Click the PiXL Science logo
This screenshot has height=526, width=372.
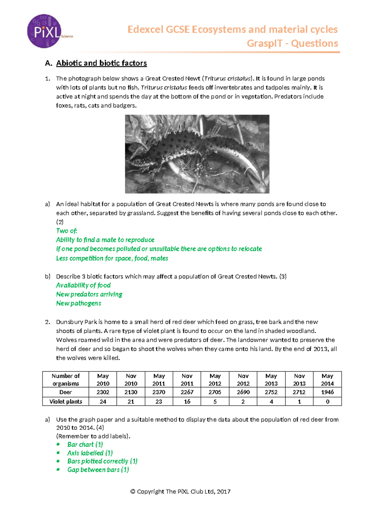point(45,31)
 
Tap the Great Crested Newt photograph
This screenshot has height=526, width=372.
point(197,154)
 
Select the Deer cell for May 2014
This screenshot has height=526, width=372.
point(327,392)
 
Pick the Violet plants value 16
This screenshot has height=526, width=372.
point(187,402)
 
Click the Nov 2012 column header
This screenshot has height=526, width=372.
point(243,380)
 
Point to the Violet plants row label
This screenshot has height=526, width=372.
point(66,402)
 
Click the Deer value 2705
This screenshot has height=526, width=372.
point(215,392)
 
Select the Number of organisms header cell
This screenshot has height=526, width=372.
point(66,380)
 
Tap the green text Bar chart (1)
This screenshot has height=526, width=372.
point(85,444)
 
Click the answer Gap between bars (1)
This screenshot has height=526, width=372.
point(98,470)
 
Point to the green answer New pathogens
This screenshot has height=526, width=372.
point(78,303)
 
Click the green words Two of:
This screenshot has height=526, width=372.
point(66,231)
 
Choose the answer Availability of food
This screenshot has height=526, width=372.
point(83,285)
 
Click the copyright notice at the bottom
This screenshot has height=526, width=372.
point(180,492)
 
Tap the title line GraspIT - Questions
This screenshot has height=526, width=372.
point(292,43)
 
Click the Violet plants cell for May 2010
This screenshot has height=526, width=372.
point(103,402)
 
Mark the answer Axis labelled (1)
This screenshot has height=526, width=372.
point(90,453)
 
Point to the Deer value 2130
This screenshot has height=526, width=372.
point(131,392)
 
